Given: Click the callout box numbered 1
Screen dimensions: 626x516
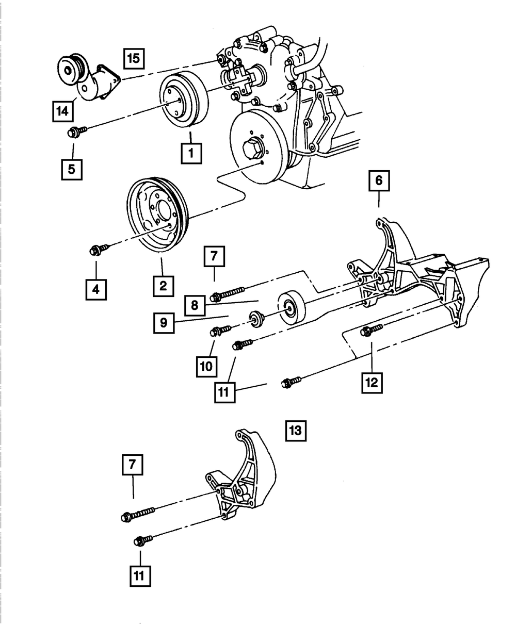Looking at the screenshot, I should [191, 153].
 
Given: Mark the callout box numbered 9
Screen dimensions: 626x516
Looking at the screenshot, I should [163, 323].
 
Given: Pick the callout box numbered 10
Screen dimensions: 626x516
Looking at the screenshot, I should [206, 366].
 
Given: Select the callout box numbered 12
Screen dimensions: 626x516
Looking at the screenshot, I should [372, 382].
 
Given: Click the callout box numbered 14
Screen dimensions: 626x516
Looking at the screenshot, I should [62, 111].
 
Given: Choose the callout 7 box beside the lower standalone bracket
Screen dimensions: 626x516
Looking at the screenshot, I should [132, 466].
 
